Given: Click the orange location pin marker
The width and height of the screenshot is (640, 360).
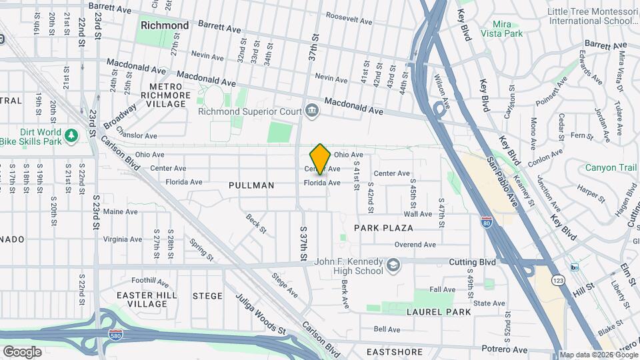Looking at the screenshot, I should click(320, 159).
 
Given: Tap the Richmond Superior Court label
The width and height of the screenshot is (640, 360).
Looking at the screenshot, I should click(250, 111).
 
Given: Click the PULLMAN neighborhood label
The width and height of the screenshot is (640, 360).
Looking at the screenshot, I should click(251, 185).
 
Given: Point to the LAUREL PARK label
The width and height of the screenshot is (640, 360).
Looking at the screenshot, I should click(439, 311).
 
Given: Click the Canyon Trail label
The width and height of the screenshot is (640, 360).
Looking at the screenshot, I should click(611, 167).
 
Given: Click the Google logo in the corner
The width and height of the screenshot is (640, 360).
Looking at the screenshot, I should click(23, 351).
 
